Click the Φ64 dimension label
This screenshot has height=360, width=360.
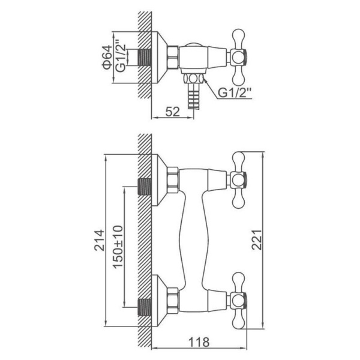(107, 57)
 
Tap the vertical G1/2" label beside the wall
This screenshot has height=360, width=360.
(121, 56)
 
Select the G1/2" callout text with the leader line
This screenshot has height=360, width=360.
(234, 93)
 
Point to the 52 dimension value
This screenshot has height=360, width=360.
(172, 112)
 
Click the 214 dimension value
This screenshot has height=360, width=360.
(100, 240)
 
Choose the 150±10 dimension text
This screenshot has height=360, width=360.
(118, 247)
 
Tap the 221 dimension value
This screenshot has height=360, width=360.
(256, 239)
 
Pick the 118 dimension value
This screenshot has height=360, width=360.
(199, 342)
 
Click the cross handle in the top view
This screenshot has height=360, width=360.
(238, 57)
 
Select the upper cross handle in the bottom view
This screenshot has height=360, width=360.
(238, 180)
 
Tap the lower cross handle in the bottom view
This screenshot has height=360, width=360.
(238, 301)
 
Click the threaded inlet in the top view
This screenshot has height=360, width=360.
(145, 57)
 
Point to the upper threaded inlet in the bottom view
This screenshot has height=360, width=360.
(145, 187)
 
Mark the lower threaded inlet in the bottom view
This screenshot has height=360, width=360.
(145, 307)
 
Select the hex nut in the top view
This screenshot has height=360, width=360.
(173, 57)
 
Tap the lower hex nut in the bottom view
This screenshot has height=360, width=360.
(173, 301)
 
